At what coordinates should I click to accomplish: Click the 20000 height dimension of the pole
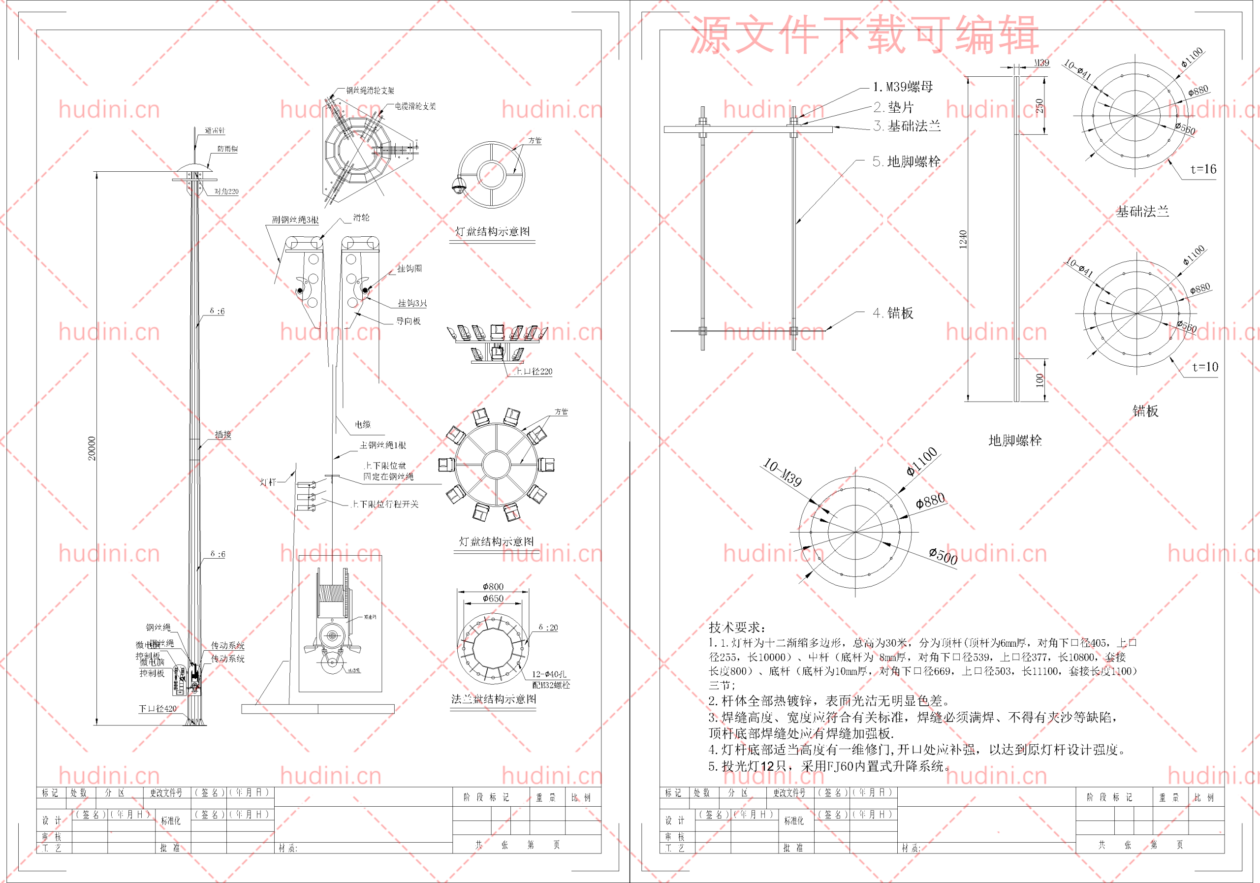tap(92, 448)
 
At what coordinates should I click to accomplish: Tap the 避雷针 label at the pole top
tap(215, 130)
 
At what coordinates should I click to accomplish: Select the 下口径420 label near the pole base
tap(157, 708)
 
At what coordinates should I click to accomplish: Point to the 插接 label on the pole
tap(223, 434)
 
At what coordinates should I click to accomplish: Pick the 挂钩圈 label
tap(409, 268)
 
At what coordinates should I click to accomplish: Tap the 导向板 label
tap(409, 321)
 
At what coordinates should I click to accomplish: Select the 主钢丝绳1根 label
tap(383, 445)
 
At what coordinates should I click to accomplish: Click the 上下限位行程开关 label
tap(385, 504)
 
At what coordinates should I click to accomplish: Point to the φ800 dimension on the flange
tap(493, 587)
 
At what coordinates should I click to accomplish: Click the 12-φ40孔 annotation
tap(549, 674)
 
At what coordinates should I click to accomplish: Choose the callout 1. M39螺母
tap(903, 87)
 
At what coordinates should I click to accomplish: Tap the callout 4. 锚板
tap(893, 313)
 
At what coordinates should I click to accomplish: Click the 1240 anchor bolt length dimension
tap(963, 239)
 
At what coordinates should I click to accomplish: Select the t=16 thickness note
tap(1203, 169)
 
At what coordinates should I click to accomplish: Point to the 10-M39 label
tap(783, 473)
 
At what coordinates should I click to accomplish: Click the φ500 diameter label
tap(944, 556)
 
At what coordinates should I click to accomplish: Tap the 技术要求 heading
tap(736, 627)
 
